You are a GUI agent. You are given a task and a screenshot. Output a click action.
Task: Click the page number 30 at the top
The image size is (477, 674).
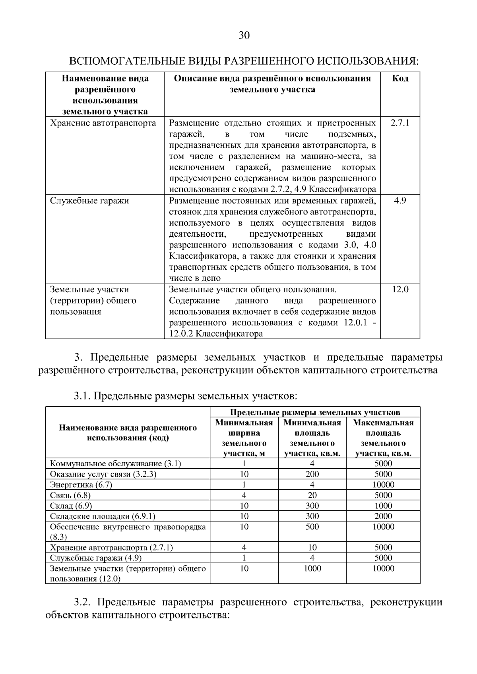(244, 36)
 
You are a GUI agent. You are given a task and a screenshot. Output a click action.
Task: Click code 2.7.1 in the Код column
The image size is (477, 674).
(400, 123)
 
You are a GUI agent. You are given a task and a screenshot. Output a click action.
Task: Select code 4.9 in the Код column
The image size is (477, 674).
(400, 201)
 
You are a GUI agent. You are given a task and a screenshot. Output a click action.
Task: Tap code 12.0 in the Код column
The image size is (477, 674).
(400, 289)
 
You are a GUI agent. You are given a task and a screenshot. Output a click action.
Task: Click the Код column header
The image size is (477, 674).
(400, 78)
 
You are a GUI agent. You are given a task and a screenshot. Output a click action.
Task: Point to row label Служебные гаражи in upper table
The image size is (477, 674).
(89, 201)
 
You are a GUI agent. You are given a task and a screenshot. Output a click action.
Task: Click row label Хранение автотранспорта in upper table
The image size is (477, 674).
(103, 123)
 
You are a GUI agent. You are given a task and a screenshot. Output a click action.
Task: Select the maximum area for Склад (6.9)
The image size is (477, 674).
(383, 506)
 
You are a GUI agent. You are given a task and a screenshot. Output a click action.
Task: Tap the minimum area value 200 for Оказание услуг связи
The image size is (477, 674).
(312, 474)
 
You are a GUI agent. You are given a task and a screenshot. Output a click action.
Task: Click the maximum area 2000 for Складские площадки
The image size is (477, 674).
(383, 516)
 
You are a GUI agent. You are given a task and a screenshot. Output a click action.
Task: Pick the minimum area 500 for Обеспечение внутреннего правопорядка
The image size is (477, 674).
(312, 527)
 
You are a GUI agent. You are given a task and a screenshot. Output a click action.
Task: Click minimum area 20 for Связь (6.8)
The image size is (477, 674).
(312, 495)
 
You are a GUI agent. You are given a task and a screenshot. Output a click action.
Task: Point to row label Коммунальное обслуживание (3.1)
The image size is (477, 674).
(115, 463)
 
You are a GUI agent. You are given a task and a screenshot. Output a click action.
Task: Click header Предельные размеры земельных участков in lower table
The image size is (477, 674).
(315, 412)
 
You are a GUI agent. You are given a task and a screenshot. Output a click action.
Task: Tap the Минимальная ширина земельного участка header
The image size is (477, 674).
(244, 438)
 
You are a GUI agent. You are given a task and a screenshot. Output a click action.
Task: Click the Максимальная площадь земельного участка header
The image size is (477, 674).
(383, 438)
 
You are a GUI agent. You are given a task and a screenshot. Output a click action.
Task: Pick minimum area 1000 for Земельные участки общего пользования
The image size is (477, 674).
(312, 568)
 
